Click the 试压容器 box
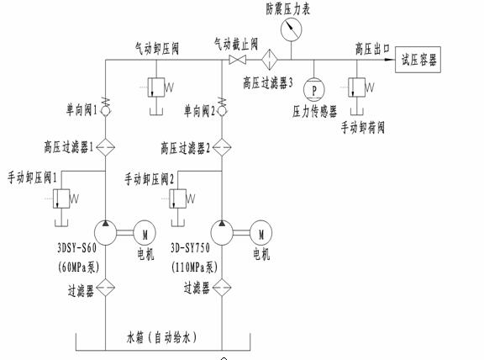[x=418, y=60]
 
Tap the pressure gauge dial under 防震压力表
[x=291, y=29]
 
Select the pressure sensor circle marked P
[x=314, y=90]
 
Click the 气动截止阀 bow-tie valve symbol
[x=237, y=60]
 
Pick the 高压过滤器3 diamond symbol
[x=270, y=60]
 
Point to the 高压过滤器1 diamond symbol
[x=106, y=147]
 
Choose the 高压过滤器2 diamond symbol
[x=222, y=147]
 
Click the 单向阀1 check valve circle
[x=106, y=111]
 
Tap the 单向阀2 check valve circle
[x=222, y=111]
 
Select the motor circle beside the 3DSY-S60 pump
[x=145, y=233]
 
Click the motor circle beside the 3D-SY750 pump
[x=260, y=233]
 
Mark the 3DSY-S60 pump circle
[x=106, y=233]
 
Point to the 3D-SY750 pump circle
[x=222, y=233]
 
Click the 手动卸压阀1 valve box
[x=61, y=199]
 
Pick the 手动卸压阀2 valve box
[x=177, y=199]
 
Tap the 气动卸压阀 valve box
[x=156, y=87]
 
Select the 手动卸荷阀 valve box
[x=357, y=87]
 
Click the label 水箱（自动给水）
[x=161, y=337]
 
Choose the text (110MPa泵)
[x=194, y=267]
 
